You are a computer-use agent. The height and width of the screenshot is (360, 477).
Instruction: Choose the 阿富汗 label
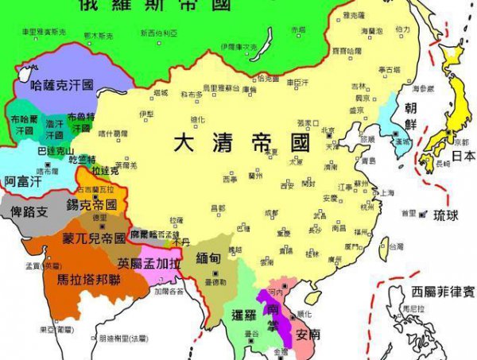click(x=21, y=181)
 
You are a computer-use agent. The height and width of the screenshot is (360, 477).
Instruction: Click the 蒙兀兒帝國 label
click(x=94, y=238)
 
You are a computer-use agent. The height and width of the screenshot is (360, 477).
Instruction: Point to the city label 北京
click(x=328, y=130)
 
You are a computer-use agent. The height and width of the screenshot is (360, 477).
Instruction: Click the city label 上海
click(x=387, y=192)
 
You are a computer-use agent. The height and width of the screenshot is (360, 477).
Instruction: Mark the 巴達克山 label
click(x=56, y=150)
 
